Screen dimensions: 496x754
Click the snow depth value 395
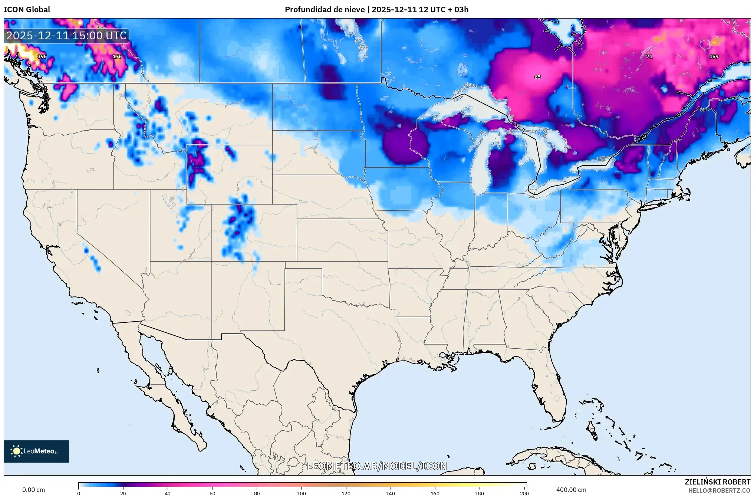coord(42,56)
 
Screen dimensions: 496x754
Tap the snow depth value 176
coord(117,56)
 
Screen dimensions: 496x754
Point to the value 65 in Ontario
coord(537,77)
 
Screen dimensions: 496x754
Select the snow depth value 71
coord(649,56)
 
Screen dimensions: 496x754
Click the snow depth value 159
coord(714,56)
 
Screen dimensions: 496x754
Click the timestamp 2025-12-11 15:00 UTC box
coord(67,36)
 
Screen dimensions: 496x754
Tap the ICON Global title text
coord(27,10)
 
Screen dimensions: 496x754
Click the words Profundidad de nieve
coord(325,10)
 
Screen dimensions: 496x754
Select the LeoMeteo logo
coord(36,451)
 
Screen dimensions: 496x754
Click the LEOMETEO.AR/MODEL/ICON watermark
coord(377,466)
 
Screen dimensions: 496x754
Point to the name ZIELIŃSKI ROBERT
coord(717,482)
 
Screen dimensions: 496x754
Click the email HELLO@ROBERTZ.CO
coord(719,490)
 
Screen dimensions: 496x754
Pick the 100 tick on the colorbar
coord(302,493)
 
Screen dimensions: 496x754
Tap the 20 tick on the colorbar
coord(123,493)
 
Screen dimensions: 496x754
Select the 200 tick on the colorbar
coord(524,493)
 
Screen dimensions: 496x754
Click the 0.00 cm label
coord(33,490)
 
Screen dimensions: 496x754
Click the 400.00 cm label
coord(571,490)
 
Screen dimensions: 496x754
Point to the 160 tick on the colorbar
coord(435,493)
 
